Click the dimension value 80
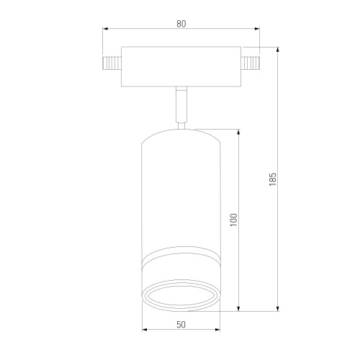pos(181,24)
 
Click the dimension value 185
pos(273,179)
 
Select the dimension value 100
pos(233,220)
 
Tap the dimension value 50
pos(181,325)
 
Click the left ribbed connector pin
pos(112,63)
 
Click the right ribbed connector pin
pos(251,63)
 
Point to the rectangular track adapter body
pos(181,66)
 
